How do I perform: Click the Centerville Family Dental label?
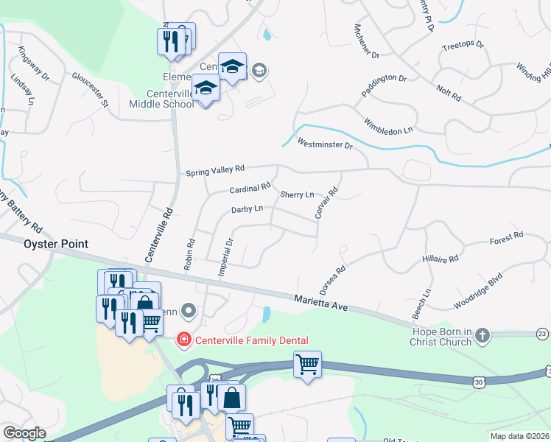(251, 340)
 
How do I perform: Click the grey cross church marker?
(482, 336)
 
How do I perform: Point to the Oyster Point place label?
(56, 244)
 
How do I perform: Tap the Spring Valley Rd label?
(214, 172)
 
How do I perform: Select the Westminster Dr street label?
(325, 144)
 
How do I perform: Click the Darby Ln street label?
(247, 209)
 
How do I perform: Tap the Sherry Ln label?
(297, 194)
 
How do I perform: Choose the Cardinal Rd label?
(250, 189)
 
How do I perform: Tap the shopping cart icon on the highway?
(307, 363)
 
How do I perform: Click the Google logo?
(24, 433)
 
